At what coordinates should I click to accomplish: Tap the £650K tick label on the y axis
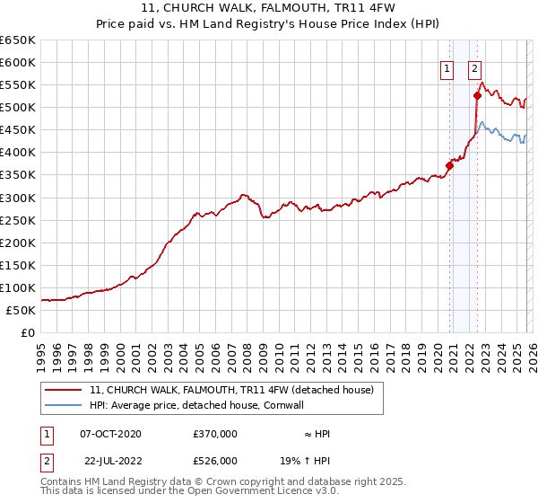18,40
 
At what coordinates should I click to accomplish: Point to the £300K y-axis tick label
18,198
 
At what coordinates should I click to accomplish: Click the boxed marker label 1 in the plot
447,66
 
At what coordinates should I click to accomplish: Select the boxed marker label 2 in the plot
473,66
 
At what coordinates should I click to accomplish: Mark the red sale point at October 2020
449,165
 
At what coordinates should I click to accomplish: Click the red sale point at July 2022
477,95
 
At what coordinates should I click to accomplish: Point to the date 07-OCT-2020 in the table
110,434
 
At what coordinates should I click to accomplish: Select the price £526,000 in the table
215,461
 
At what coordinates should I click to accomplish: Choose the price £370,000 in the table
215,434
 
